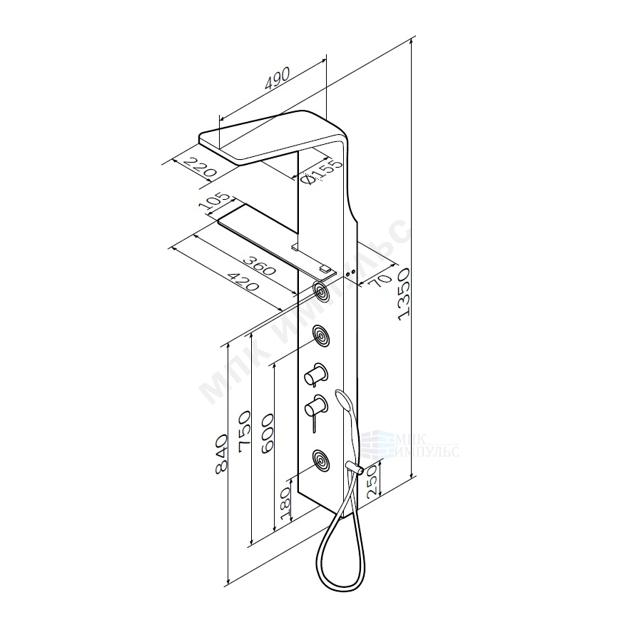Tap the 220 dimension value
201,167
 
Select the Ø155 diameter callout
320,172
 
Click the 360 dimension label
258,265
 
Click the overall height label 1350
404,293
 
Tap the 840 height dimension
220,454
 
